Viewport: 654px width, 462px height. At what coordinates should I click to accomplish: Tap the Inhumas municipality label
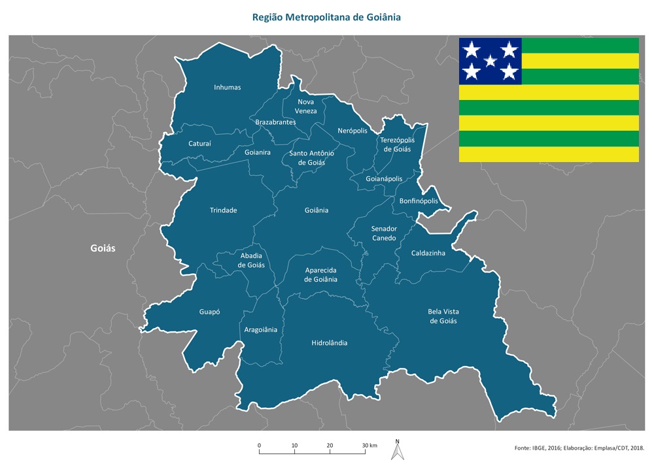(x=228, y=87)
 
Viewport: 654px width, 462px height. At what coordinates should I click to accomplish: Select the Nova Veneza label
(x=306, y=107)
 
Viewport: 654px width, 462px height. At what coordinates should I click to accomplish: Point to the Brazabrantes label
(x=275, y=122)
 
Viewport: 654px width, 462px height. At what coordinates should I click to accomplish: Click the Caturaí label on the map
(x=199, y=143)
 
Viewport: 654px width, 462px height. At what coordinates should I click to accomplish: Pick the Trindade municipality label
(x=223, y=210)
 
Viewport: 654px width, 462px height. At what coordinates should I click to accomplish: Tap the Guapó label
(x=209, y=312)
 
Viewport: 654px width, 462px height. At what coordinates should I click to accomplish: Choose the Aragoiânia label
(x=261, y=329)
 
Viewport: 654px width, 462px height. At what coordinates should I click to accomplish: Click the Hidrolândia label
(x=330, y=342)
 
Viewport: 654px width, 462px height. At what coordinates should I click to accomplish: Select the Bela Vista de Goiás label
(x=443, y=316)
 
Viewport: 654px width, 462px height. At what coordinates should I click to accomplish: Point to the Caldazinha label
(x=428, y=253)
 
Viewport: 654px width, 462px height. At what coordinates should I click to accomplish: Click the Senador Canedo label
(x=384, y=233)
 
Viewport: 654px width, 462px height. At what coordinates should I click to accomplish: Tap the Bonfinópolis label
(x=419, y=201)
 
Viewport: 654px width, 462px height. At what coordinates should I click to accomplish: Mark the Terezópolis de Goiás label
(x=397, y=144)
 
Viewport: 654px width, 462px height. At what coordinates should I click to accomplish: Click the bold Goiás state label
(x=103, y=248)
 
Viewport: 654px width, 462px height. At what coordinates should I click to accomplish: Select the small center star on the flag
(x=490, y=61)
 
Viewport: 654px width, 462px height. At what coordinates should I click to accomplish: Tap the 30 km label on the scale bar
(x=370, y=446)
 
